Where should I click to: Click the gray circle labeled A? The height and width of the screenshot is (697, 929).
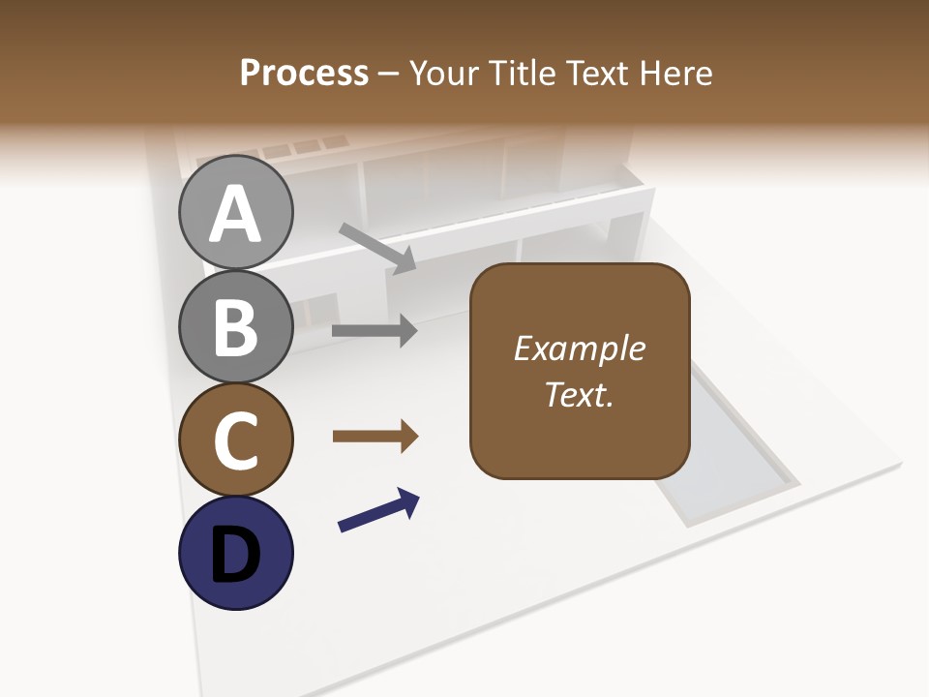click(x=235, y=212)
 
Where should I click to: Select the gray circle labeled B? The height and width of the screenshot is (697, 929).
click(x=235, y=326)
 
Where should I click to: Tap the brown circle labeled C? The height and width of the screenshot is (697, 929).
click(x=235, y=439)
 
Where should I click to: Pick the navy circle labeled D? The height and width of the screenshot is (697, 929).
click(x=235, y=553)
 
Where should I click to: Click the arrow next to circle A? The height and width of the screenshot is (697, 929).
click(x=377, y=246)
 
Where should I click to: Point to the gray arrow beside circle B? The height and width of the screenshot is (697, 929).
click(x=375, y=330)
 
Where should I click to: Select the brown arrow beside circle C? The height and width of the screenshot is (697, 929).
click(x=375, y=437)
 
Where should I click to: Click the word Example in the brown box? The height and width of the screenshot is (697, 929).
click(x=580, y=348)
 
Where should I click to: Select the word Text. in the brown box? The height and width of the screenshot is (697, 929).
click(x=580, y=395)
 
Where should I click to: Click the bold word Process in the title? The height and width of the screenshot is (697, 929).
click(x=304, y=73)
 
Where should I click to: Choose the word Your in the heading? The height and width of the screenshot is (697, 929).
click(x=444, y=73)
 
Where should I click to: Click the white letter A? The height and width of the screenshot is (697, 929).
click(x=235, y=214)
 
